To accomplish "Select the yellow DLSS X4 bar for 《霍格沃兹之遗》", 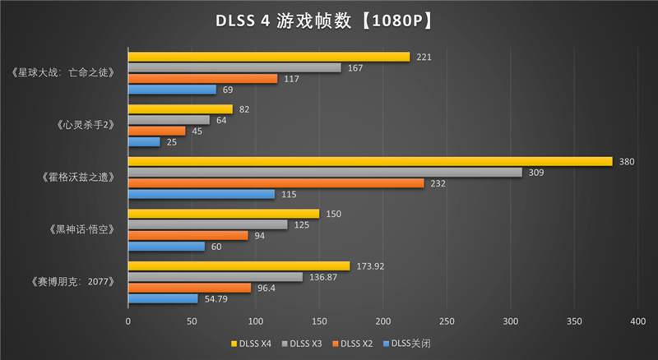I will click(370, 161).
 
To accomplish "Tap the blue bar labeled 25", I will click(144, 142).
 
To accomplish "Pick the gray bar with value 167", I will click(234, 67).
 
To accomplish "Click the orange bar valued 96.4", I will click(189, 288).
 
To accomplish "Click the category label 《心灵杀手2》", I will click(86, 126).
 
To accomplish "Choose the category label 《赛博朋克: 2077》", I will click(75, 282).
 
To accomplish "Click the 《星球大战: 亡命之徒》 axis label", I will click(69, 73).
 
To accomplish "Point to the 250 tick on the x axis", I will click(447, 321).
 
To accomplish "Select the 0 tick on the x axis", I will click(128, 321).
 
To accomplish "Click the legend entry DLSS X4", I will click(252, 343).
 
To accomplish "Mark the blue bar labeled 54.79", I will click(163, 298).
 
